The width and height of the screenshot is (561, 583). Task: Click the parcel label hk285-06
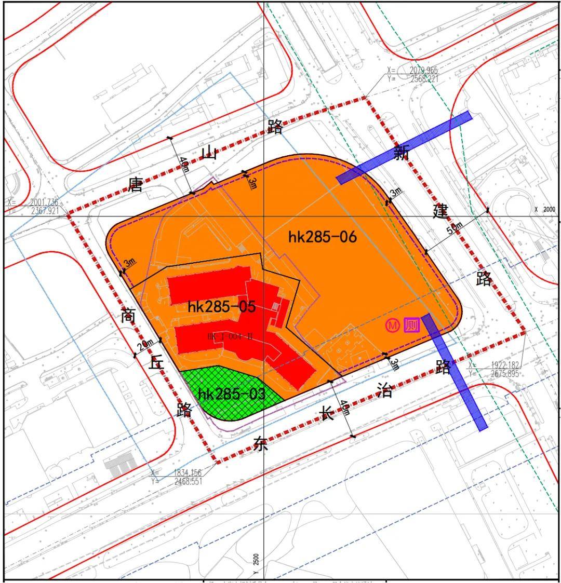pyautogui.click(x=323, y=237)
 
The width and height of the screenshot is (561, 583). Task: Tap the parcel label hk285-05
pyautogui.click(x=222, y=307)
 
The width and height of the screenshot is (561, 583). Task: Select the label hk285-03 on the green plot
pyautogui.click(x=232, y=395)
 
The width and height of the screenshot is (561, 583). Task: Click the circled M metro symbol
pyautogui.click(x=393, y=326)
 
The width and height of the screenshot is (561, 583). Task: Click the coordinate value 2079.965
pyautogui.click(x=423, y=70)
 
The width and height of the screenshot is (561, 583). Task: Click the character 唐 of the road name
pyautogui.click(x=136, y=184)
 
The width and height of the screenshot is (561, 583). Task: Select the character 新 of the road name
pyautogui.click(x=401, y=153)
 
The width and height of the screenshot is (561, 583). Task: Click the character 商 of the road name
pyautogui.click(x=128, y=316)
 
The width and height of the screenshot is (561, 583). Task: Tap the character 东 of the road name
pyautogui.click(x=261, y=444)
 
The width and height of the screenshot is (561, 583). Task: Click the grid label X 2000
pyautogui.click(x=545, y=209)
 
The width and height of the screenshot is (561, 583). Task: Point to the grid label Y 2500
pyautogui.click(x=256, y=561)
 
